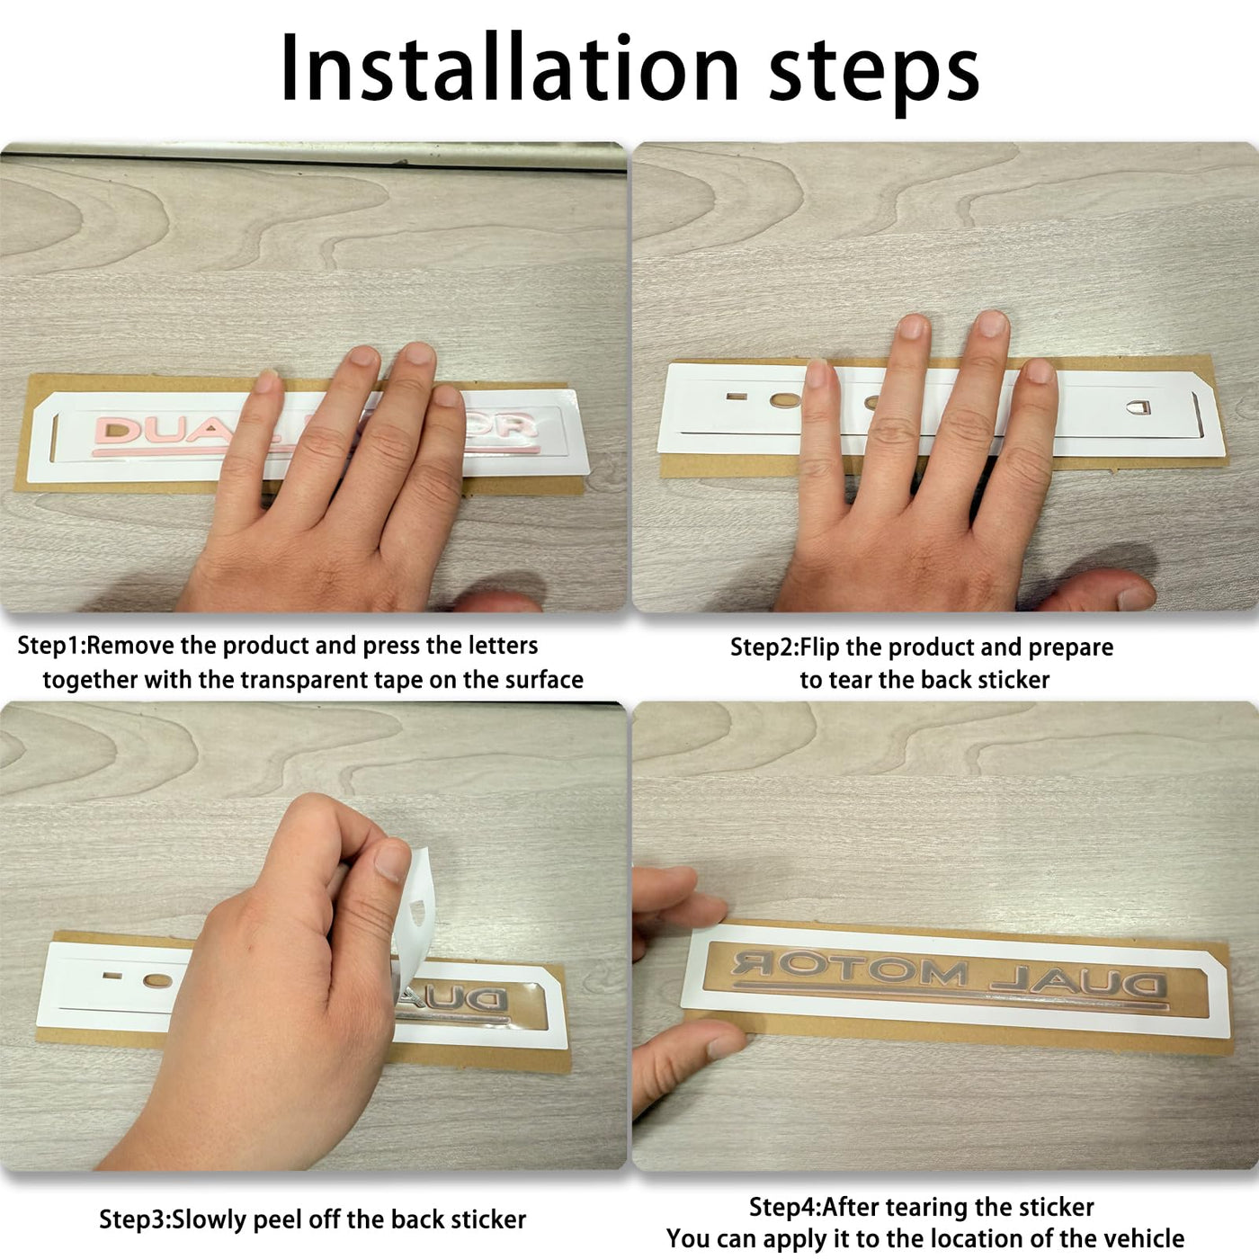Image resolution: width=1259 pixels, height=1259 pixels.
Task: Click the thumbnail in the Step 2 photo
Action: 1136,597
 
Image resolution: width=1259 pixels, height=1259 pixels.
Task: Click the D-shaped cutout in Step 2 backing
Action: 1138,407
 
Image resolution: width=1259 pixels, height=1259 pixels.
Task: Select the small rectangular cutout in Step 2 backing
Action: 737,397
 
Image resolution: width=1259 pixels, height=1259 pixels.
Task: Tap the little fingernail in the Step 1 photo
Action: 266,380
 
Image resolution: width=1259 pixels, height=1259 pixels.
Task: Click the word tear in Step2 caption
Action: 849,680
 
